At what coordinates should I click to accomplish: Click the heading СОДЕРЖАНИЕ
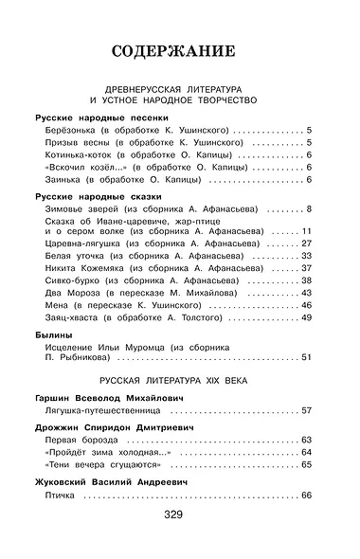[x=179, y=51]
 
